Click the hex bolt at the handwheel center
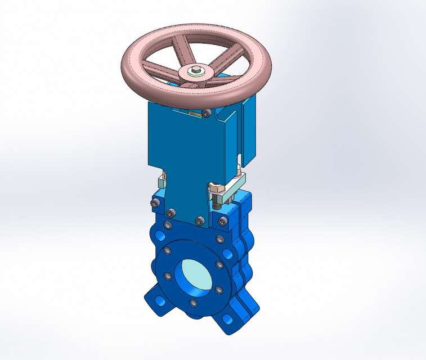pos(195,70)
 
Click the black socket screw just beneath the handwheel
pos(207,114)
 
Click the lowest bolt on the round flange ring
pos(193,304)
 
